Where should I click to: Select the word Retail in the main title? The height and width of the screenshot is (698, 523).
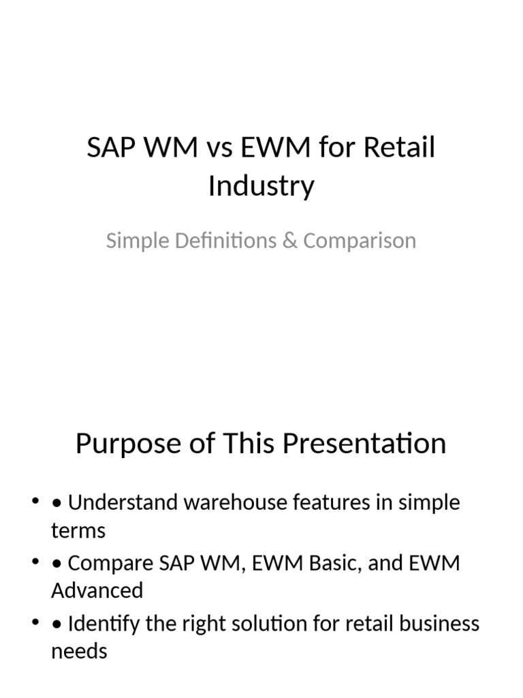pos(398,148)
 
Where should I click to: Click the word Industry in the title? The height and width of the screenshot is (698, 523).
pos(261,186)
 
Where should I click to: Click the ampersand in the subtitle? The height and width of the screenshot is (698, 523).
pos(289,241)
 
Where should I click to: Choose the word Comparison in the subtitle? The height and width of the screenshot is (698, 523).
pos(359,241)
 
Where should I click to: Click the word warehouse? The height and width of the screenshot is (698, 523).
pos(233,503)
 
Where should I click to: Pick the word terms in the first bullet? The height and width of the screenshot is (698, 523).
pos(78,530)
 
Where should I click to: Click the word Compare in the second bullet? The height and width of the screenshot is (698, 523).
pos(110,563)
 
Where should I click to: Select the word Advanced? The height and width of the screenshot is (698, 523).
pos(97,590)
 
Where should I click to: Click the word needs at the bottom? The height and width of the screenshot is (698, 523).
pos(79,651)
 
